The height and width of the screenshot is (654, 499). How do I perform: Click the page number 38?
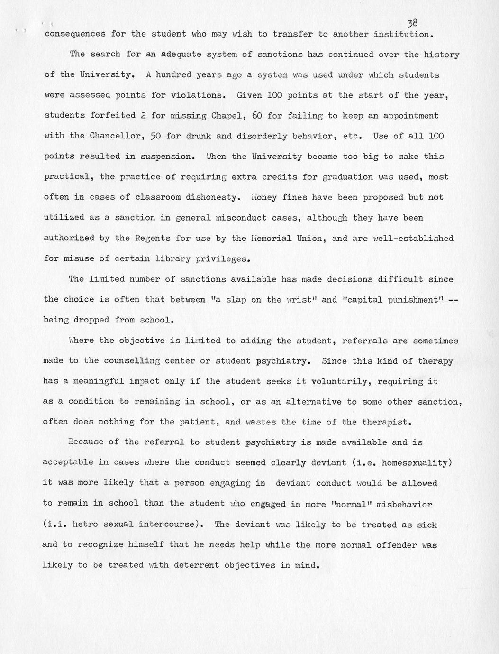(x=412, y=23)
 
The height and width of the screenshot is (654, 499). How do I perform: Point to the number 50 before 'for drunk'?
(x=155, y=136)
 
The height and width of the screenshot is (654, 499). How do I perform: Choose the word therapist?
(x=384, y=422)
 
